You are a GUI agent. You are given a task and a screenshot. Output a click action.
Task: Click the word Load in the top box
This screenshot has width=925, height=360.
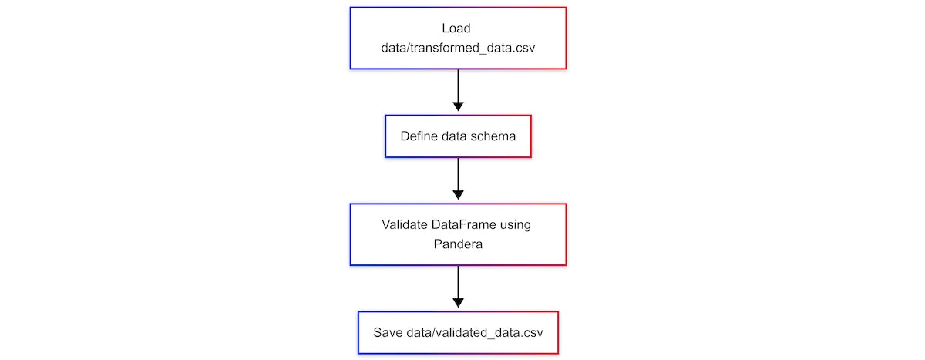(458, 29)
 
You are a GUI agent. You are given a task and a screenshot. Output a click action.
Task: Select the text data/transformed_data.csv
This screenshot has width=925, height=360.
(458, 48)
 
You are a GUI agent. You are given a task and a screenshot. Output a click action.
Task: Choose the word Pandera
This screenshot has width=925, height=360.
(458, 244)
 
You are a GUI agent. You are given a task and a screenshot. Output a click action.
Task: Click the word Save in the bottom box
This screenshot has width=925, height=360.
(387, 333)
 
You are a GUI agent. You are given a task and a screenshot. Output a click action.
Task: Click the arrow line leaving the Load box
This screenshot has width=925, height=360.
(458, 85)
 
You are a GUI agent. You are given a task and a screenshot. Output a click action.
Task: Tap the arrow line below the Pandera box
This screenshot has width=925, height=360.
(458, 281)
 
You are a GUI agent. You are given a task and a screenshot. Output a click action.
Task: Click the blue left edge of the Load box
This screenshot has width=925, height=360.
(351, 39)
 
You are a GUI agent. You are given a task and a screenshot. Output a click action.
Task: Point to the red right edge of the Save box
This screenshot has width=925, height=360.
(557, 333)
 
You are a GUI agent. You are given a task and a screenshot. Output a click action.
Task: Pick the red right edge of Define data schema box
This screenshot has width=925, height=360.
(531, 136)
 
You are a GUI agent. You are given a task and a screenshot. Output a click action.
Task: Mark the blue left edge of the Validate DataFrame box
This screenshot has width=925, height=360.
(351, 234)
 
